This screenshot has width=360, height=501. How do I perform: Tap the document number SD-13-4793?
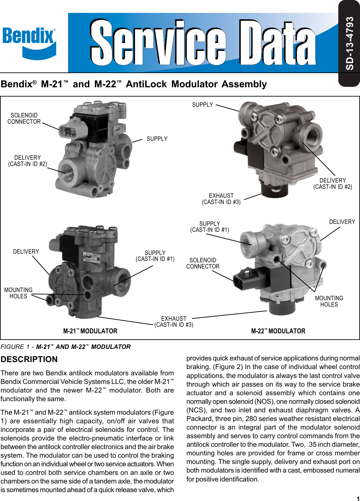pyautogui.click(x=349, y=43)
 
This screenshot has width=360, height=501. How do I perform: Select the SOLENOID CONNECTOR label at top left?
pyautogui.click(x=24, y=118)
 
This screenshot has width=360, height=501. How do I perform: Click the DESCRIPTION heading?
pyautogui.click(x=29, y=359)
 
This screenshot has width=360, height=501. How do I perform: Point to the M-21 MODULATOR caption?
pyautogui.click(x=90, y=331)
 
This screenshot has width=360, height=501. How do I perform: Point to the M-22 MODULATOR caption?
pyautogui.click(x=278, y=331)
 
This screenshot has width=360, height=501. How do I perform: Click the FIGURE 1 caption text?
pyautogui.click(x=65, y=347)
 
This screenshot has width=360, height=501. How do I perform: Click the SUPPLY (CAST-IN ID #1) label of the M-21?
pyautogui.click(x=155, y=256)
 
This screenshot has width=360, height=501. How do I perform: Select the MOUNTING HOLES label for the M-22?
pyautogui.click(x=329, y=301)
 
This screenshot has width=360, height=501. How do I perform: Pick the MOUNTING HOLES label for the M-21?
pyautogui.click(x=19, y=293)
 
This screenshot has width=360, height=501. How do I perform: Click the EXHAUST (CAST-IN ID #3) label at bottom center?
pyautogui.click(x=174, y=322)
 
